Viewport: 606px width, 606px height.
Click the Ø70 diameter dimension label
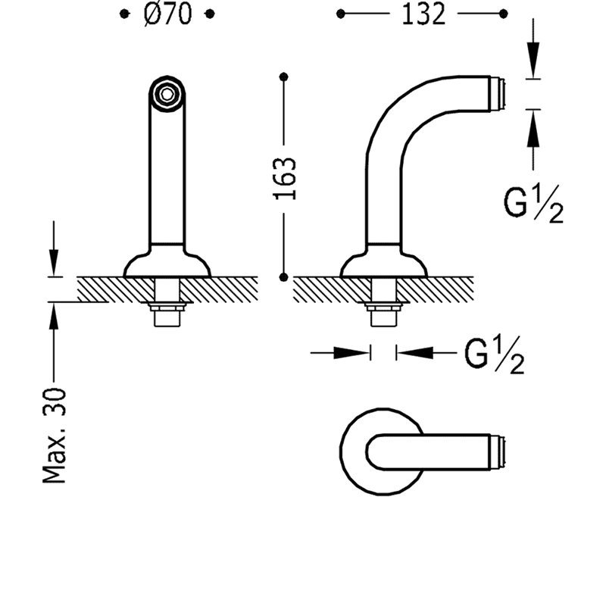(167, 14)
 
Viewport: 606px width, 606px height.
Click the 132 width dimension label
(423, 14)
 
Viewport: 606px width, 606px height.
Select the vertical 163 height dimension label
(285, 178)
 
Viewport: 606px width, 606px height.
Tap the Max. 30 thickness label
(54, 436)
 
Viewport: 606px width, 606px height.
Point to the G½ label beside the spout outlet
(533, 203)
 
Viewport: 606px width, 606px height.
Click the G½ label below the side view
(494, 355)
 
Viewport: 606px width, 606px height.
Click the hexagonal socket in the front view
(167, 94)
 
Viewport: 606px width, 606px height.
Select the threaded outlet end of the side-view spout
(498, 94)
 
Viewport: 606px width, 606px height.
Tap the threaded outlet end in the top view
(498, 452)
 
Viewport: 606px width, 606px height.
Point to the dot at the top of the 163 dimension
(284, 77)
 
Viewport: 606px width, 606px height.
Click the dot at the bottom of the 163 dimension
(284, 276)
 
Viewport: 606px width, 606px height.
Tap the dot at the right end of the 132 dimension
(503, 14)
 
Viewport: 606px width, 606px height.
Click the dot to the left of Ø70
(123, 14)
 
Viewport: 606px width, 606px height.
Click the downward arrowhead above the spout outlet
(533, 61)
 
